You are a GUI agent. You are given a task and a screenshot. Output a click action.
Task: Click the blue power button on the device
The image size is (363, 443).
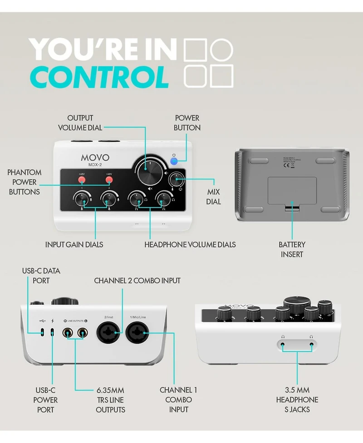(173, 161)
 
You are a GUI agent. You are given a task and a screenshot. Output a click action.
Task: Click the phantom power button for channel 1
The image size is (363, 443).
(82, 180)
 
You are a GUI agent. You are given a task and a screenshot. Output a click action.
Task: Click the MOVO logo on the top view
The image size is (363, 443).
(95, 158)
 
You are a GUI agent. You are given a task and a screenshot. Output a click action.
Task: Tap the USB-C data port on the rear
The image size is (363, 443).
(42, 332)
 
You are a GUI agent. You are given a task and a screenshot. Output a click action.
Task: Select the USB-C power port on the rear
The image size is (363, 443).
(53, 332)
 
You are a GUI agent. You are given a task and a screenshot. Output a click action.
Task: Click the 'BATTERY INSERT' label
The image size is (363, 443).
(292, 249)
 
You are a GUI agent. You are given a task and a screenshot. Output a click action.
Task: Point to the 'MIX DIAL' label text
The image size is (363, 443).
(213, 197)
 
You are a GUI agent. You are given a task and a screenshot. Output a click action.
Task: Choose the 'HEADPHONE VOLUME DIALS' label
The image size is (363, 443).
(190, 244)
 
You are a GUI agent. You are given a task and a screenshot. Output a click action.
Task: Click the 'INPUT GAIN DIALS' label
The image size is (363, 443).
(74, 244)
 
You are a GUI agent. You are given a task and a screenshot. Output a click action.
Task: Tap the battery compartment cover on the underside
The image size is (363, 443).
(292, 190)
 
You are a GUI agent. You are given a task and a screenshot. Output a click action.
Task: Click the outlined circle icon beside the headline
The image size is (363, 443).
(222, 49)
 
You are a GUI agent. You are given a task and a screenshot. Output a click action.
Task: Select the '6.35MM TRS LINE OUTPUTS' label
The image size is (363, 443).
(110, 399)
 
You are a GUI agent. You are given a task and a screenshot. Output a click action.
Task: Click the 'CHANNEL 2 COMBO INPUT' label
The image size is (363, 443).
(137, 281)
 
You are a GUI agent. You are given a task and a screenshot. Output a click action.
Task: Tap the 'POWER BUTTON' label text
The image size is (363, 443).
(187, 123)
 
